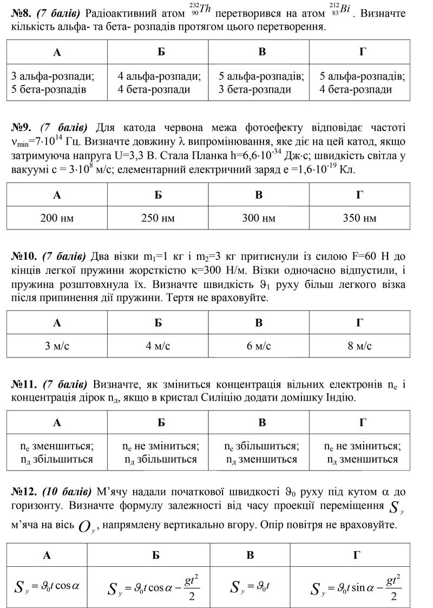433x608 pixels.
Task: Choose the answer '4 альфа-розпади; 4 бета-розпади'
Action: [x=158, y=83]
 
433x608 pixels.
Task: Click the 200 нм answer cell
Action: [x=57, y=218]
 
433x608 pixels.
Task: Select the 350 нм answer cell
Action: [x=359, y=218]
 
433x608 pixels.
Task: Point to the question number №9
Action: [x=23, y=128]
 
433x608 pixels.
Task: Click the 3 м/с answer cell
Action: [x=57, y=346]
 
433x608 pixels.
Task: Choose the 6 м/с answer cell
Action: [x=259, y=346]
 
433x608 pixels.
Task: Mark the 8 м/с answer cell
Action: [x=359, y=346]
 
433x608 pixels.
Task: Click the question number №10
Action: [x=25, y=256]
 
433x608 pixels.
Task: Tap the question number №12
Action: [x=25, y=492]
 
